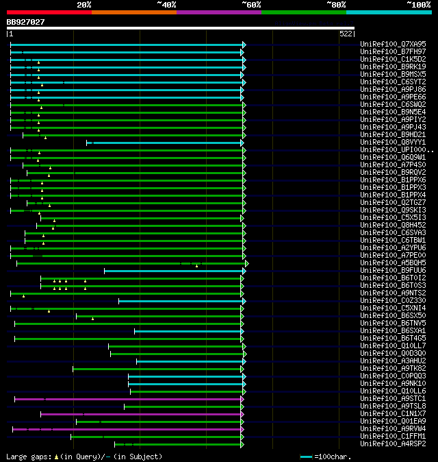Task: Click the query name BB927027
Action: pyautogui.click(x=25, y=22)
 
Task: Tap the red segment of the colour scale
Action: pyautogui.click(x=49, y=12)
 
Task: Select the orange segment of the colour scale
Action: pyautogui.click(x=133, y=12)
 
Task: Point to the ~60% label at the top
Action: pyautogui.click(x=251, y=4)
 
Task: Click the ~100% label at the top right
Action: pyautogui.click(x=418, y=4)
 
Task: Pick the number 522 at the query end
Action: pyautogui.click(x=346, y=34)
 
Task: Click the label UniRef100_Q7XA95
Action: pyautogui.click(x=393, y=45)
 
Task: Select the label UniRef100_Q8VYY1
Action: pyautogui.click(x=393, y=143)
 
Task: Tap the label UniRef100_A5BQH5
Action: pyautogui.click(x=393, y=263)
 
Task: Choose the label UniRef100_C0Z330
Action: pyautogui.click(x=393, y=301)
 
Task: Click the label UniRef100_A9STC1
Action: pyautogui.click(x=393, y=399)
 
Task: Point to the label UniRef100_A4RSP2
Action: pyautogui.click(x=393, y=444)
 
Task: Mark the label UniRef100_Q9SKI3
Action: pyautogui.click(x=393, y=210)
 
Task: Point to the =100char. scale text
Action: pyautogui.click(x=332, y=457)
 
